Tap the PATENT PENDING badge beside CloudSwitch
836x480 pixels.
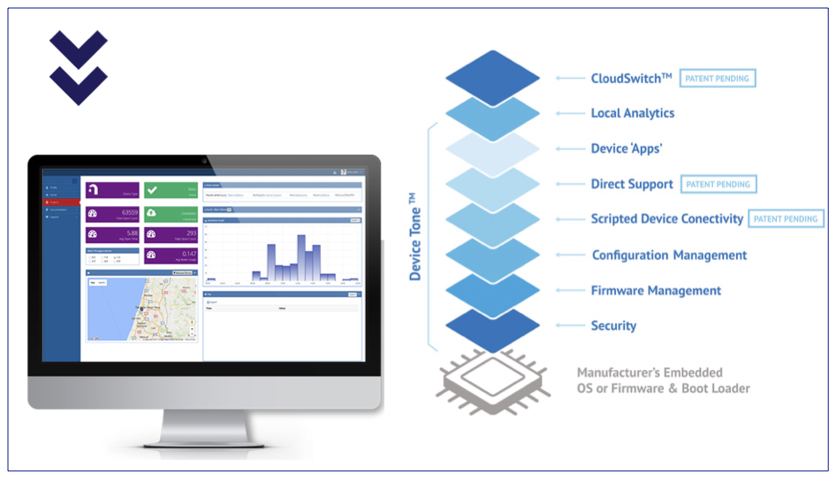click(718, 79)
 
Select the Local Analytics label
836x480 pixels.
click(632, 113)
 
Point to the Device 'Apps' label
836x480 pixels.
click(626, 149)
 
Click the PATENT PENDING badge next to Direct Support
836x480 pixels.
click(718, 185)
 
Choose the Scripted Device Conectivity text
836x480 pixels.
click(666, 219)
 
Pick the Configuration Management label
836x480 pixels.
click(669, 255)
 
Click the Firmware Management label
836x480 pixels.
click(656, 290)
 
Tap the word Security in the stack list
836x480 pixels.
click(613, 325)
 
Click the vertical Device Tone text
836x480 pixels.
click(415, 243)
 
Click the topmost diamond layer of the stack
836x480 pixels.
click(492, 78)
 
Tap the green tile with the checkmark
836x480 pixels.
click(171, 190)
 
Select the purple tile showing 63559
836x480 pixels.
click(112, 214)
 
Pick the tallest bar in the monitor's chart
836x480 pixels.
click(301, 257)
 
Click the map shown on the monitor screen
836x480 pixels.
click(141, 309)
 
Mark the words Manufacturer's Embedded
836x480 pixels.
click(650, 372)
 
